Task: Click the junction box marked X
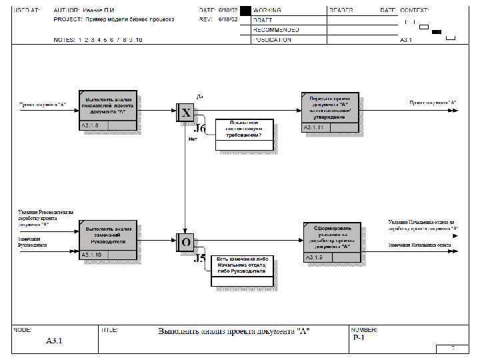(185, 112)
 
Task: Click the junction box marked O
(185, 242)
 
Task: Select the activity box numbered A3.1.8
(108, 109)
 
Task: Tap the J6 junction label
(200, 129)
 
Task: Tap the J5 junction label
(199, 259)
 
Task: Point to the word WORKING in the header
(267, 11)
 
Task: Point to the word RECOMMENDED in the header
(276, 30)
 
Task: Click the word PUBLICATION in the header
(272, 40)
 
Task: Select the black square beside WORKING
(245, 11)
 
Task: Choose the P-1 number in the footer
(358, 337)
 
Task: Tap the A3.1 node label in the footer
(54, 341)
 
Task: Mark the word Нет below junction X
(193, 139)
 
